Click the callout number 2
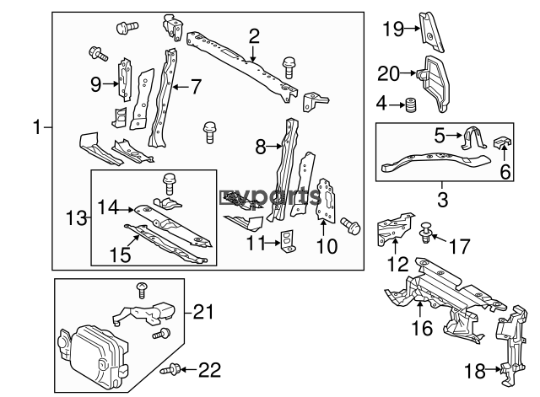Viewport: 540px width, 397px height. [254, 36]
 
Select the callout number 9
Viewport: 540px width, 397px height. [96, 83]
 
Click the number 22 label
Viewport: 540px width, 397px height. [211, 368]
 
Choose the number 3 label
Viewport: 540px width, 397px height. [441, 201]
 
